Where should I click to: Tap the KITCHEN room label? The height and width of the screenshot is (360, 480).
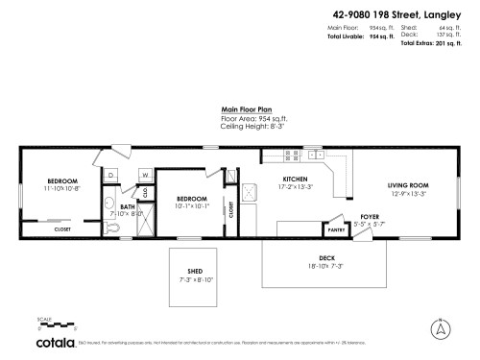pyautogui.click(x=294, y=179)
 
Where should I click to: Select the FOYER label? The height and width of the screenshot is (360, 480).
pyautogui.click(x=370, y=217)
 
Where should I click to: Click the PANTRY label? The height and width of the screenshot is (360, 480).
pyautogui.click(x=337, y=230)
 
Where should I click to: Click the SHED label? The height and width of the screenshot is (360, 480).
pyautogui.click(x=194, y=273)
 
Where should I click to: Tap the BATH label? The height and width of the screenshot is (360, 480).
pyautogui.click(x=127, y=206)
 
